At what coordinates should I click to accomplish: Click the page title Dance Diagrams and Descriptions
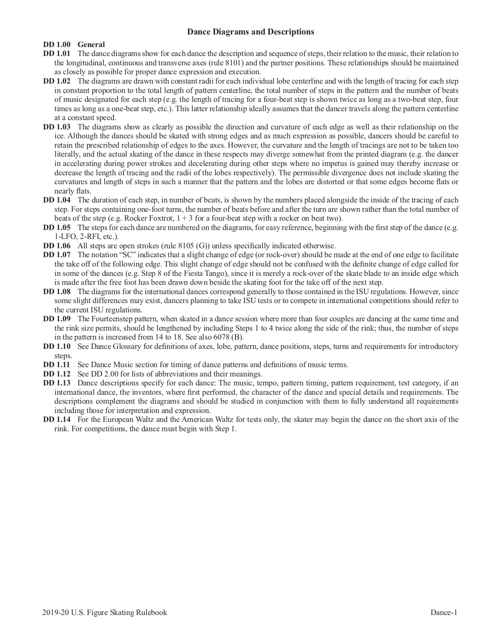coord(250,32)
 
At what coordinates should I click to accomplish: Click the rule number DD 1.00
coord(57,45)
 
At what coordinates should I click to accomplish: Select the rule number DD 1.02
coord(57,81)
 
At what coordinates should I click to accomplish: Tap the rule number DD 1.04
coord(57,200)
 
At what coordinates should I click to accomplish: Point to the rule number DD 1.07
coord(57,255)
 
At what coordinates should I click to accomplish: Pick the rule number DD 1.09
coord(57,319)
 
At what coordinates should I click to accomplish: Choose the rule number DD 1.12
coord(57,374)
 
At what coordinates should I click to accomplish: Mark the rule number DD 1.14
coord(57,419)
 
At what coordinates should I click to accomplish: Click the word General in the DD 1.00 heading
coord(91,45)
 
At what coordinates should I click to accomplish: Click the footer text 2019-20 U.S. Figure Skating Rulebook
coord(104,613)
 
